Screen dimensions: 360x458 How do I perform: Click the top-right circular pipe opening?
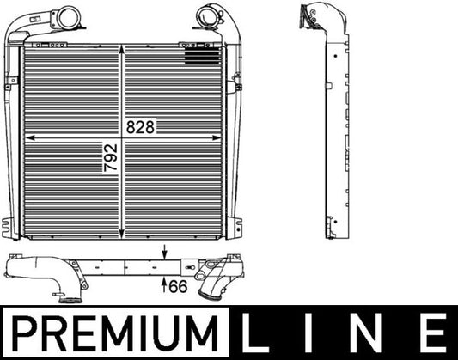pos(208,14)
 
